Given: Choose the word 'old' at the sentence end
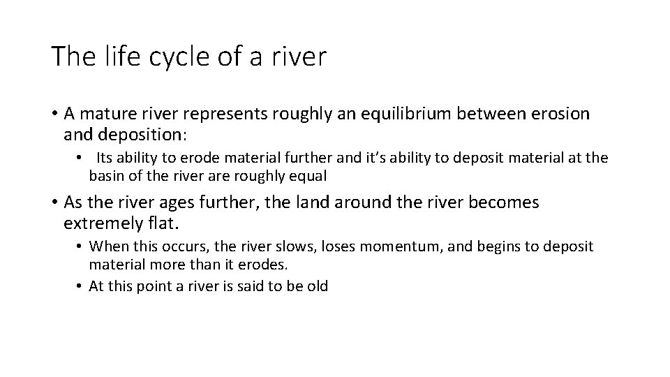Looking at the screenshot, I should point(317,286).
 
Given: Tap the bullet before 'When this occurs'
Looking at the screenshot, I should point(80,246).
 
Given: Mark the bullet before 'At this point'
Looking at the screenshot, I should point(80,286).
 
